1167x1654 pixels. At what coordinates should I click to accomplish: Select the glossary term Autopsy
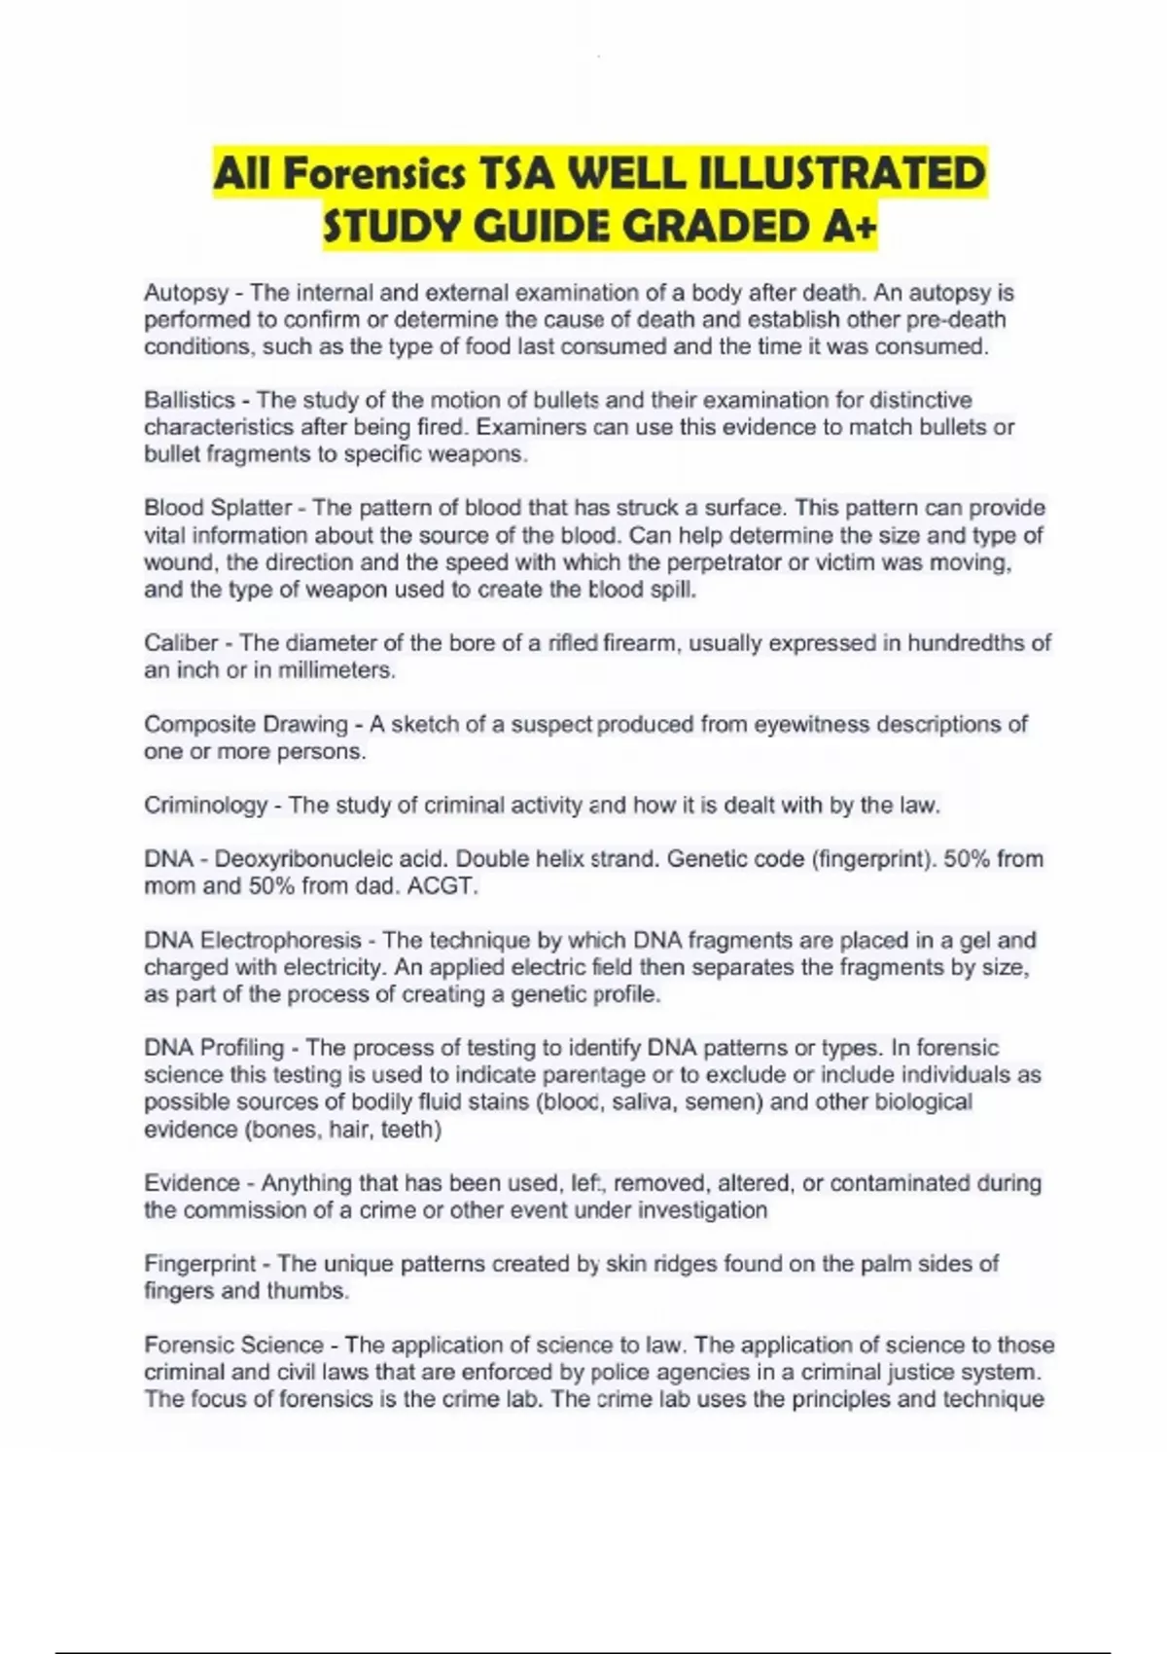[x=186, y=293]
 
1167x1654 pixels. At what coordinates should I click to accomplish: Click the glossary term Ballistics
[x=190, y=400]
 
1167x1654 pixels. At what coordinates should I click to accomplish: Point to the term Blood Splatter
[x=218, y=508]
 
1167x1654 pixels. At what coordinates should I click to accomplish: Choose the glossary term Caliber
[x=181, y=643]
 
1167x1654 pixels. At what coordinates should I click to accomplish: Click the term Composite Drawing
[x=246, y=725]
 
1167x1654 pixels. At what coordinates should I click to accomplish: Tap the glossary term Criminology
[x=205, y=806]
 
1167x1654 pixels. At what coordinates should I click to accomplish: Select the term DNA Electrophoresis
[x=253, y=941]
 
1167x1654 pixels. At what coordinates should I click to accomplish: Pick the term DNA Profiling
[x=214, y=1048]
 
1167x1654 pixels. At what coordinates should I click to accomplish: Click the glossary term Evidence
[x=191, y=1183]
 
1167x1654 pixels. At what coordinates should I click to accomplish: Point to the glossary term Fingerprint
[x=200, y=1264]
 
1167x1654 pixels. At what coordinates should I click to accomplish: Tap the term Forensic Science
[x=233, y=1345]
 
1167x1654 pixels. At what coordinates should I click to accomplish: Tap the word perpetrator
[x=713, y=562]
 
